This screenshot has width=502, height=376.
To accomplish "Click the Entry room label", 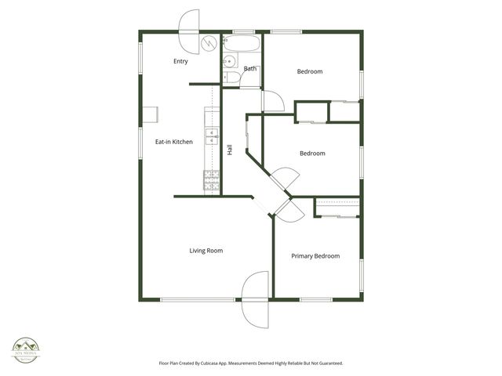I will tap(180, 61).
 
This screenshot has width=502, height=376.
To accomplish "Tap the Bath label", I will tap(249, 69).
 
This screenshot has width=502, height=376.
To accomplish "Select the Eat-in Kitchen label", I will tap(173, 142).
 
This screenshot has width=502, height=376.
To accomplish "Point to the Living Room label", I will tap(206, 251).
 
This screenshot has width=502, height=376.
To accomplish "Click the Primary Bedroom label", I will tap(315, 256).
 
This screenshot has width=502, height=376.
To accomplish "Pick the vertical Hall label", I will tap(230, 150).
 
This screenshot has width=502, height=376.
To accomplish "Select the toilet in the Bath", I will tap(228, 76).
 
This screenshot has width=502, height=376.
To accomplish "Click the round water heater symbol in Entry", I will tap(209, 43).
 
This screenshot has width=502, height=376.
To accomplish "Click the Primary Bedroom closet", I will tap(337, 208).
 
